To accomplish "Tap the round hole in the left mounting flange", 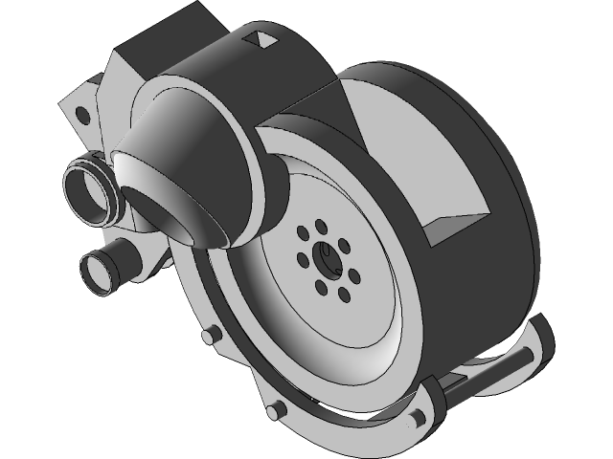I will [82, 117].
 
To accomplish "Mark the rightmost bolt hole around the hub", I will [354, 276].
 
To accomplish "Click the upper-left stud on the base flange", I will [209, 335].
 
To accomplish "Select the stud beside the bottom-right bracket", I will [418, 417].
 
